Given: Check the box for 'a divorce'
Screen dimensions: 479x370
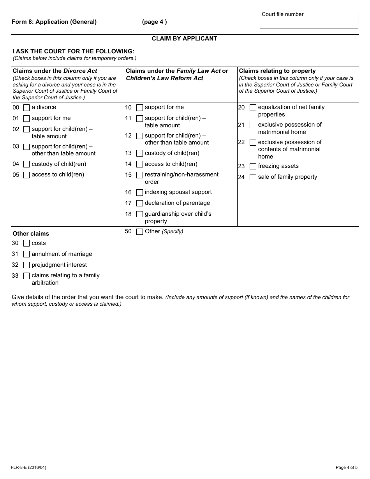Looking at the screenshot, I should point(26,107).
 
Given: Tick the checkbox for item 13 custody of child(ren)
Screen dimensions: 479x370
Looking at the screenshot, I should point(139,153).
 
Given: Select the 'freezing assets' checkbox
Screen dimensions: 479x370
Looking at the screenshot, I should point(253,166).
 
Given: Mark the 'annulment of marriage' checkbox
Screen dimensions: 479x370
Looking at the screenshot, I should point(26,254).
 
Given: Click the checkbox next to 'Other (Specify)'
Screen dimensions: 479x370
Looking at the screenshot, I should point(139,232).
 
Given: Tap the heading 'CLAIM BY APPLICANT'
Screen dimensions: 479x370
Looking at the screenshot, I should point(184,39).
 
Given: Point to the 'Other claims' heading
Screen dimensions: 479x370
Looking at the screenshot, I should point(31,234).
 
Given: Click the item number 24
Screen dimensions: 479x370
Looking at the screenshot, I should point(241,177).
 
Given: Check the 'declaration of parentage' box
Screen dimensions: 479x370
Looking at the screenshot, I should point(139,203).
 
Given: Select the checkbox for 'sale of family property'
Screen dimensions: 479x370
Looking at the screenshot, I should point(253,177).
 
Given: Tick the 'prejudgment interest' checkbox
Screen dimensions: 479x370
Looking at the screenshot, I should point(26,265).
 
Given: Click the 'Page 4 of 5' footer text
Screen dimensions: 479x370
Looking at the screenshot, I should point(346,467).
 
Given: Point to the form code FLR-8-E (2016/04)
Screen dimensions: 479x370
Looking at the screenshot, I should point(29,467).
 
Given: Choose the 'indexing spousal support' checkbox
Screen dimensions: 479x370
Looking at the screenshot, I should point(139,192).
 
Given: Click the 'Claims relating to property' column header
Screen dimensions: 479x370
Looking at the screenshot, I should point(277,71).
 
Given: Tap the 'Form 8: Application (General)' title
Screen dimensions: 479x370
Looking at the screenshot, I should point(54,22).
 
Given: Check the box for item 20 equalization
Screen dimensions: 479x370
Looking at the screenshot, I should point(253,107).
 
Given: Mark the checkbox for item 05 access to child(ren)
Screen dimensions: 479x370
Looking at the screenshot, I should point(26,175).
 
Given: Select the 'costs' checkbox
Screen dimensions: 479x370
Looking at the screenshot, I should point(26,243).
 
